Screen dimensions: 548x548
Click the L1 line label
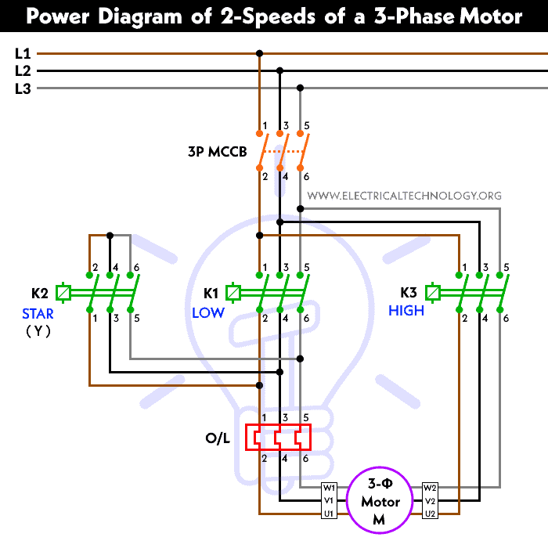23,54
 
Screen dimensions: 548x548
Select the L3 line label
23,88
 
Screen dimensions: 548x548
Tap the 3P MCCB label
218,152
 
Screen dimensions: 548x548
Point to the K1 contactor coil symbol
233,294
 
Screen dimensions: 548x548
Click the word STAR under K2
38,314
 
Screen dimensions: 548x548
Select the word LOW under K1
208,312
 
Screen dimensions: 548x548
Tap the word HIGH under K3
406,311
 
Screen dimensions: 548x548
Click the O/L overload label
218,439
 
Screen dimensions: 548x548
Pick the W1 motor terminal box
330,488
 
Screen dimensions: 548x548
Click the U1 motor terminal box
330,514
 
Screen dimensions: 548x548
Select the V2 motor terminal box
430,500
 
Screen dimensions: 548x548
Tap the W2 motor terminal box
430,488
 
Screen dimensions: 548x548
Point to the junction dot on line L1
259,54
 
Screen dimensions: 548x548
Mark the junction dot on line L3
300,88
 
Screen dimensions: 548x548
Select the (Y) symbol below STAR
38,331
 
